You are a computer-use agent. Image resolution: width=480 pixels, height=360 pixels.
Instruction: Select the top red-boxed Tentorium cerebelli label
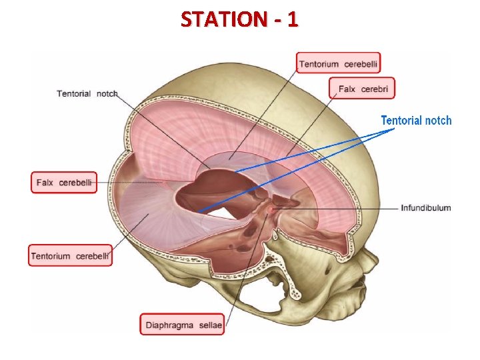tap(338, 63)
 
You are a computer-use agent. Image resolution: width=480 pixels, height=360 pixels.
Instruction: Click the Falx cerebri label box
tap(363, 89)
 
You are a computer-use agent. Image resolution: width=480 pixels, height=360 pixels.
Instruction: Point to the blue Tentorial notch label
tap(415, 121)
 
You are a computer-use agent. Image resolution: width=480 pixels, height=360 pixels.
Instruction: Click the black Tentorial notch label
tap(87, 94)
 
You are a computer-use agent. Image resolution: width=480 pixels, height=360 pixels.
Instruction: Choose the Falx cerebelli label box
tap(64, 182)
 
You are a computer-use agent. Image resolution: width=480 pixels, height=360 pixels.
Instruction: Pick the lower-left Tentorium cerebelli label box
tap(70, 255)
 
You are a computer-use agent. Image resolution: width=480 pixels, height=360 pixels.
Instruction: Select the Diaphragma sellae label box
tap(182, 325)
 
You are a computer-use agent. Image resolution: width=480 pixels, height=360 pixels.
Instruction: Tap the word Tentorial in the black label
tap(73, 94)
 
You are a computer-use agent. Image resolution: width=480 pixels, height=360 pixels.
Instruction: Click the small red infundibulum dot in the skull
tap(271, 211)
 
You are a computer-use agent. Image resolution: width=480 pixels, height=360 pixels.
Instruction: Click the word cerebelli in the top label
tap(362, 63)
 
